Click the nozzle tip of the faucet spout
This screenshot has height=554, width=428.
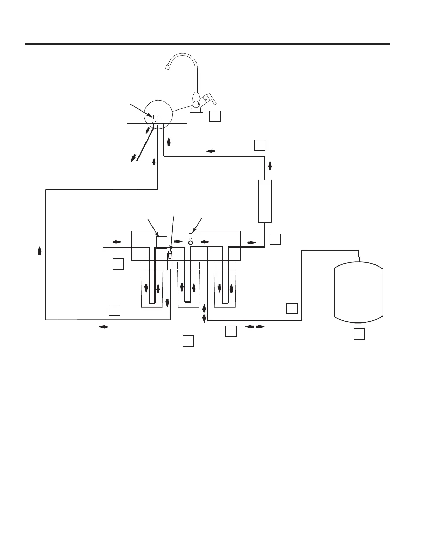click(x=167, y=67)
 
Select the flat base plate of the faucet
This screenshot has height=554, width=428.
click(x=197, y=112)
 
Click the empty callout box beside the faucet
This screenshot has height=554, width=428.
click(x=215, y=116)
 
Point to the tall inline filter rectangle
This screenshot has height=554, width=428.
click(x=265, y=201)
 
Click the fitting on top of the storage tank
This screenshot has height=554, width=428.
click(x=358, y=259)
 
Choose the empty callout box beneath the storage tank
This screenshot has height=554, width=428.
click(x=359, y=334)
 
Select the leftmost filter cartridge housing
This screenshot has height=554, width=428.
click(x=151, y=285)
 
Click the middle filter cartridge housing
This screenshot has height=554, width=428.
click(x=188, y=285)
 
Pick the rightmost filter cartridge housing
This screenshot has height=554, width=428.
click(x=225, y=285)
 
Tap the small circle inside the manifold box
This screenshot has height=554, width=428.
click(x=191, y=242)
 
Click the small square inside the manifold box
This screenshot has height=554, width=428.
click(x=161, y=242)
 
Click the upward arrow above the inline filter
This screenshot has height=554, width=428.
click(x=270, y=165)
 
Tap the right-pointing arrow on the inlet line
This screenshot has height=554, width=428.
click(x=117, y=242)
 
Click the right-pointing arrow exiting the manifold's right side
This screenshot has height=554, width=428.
click(x=251, y=242)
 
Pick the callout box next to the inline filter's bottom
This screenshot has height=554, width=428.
click(x=275, y=239)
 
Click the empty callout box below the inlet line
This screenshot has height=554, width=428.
click(x=118, y=264)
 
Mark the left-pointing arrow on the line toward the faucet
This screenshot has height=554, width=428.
click(x=210, y=151)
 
